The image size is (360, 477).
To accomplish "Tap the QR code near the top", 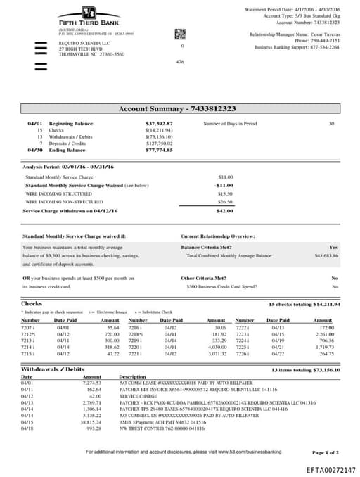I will coord(179,34).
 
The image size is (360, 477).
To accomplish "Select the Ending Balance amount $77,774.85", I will coord(159,150).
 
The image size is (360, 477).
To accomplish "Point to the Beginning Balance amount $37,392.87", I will coord(159,123).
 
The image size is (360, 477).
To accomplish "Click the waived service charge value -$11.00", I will coord(224,185).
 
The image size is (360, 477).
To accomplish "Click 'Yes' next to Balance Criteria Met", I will coord(333,248).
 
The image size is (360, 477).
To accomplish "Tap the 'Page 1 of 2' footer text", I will coord(325,452).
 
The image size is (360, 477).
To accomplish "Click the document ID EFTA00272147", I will coord(330,469).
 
